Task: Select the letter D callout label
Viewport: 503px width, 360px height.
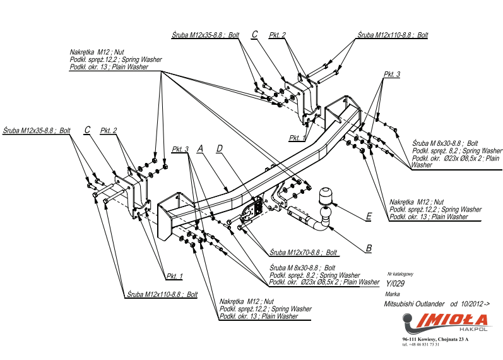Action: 220,148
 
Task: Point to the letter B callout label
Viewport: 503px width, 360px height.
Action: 368,248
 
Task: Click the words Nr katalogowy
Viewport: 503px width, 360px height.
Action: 399,274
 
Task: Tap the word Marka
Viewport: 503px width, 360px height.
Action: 392,294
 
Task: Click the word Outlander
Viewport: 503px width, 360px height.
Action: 432,304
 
